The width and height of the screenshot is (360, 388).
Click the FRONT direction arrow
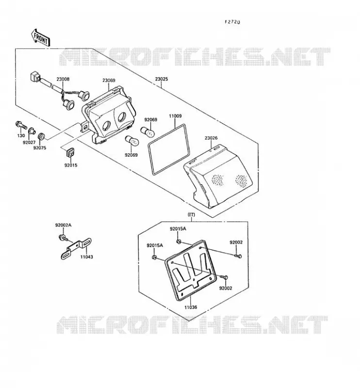(41, 38)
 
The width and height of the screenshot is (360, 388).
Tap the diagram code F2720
(232, 22)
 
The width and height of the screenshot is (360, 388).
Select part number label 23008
(63, 79)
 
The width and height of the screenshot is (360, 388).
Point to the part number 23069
(109, 81)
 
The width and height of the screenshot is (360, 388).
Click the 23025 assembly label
(162, 79)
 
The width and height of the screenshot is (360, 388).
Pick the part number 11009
(175, 116)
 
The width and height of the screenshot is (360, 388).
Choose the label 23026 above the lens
(211, 138)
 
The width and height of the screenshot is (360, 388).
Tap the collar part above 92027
(32, 131)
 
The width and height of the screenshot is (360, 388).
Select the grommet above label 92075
(41, 136)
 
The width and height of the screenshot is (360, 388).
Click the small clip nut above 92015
(71, 152)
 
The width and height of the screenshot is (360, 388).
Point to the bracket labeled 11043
(76, 248)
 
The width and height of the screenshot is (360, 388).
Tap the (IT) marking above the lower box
(191, 214)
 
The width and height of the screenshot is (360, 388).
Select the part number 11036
(190, 307)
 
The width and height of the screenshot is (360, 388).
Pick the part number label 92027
(29, 143)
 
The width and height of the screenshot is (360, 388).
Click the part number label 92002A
(63, 225)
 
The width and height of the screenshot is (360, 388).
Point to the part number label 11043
(87, 257)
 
